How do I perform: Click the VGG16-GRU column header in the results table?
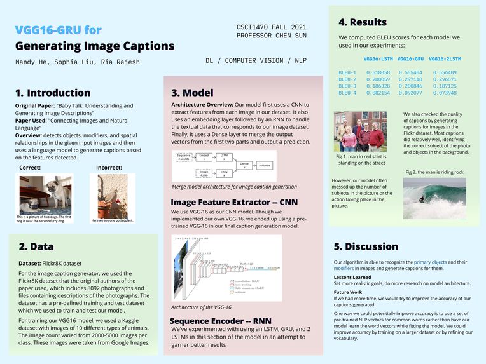coord(410,59)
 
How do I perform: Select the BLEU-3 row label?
coord(347,86)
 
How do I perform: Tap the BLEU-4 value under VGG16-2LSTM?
coord(443,93)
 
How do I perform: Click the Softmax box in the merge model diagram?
coord(263,165)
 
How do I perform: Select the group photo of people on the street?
coord(360,131)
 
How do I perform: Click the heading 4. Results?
coord(363,23)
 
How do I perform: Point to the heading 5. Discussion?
coord(366,246)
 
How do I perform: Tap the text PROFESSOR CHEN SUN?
coord(271,36)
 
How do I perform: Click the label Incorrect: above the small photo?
coord(111,168)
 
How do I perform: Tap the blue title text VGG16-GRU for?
coord(58,30)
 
